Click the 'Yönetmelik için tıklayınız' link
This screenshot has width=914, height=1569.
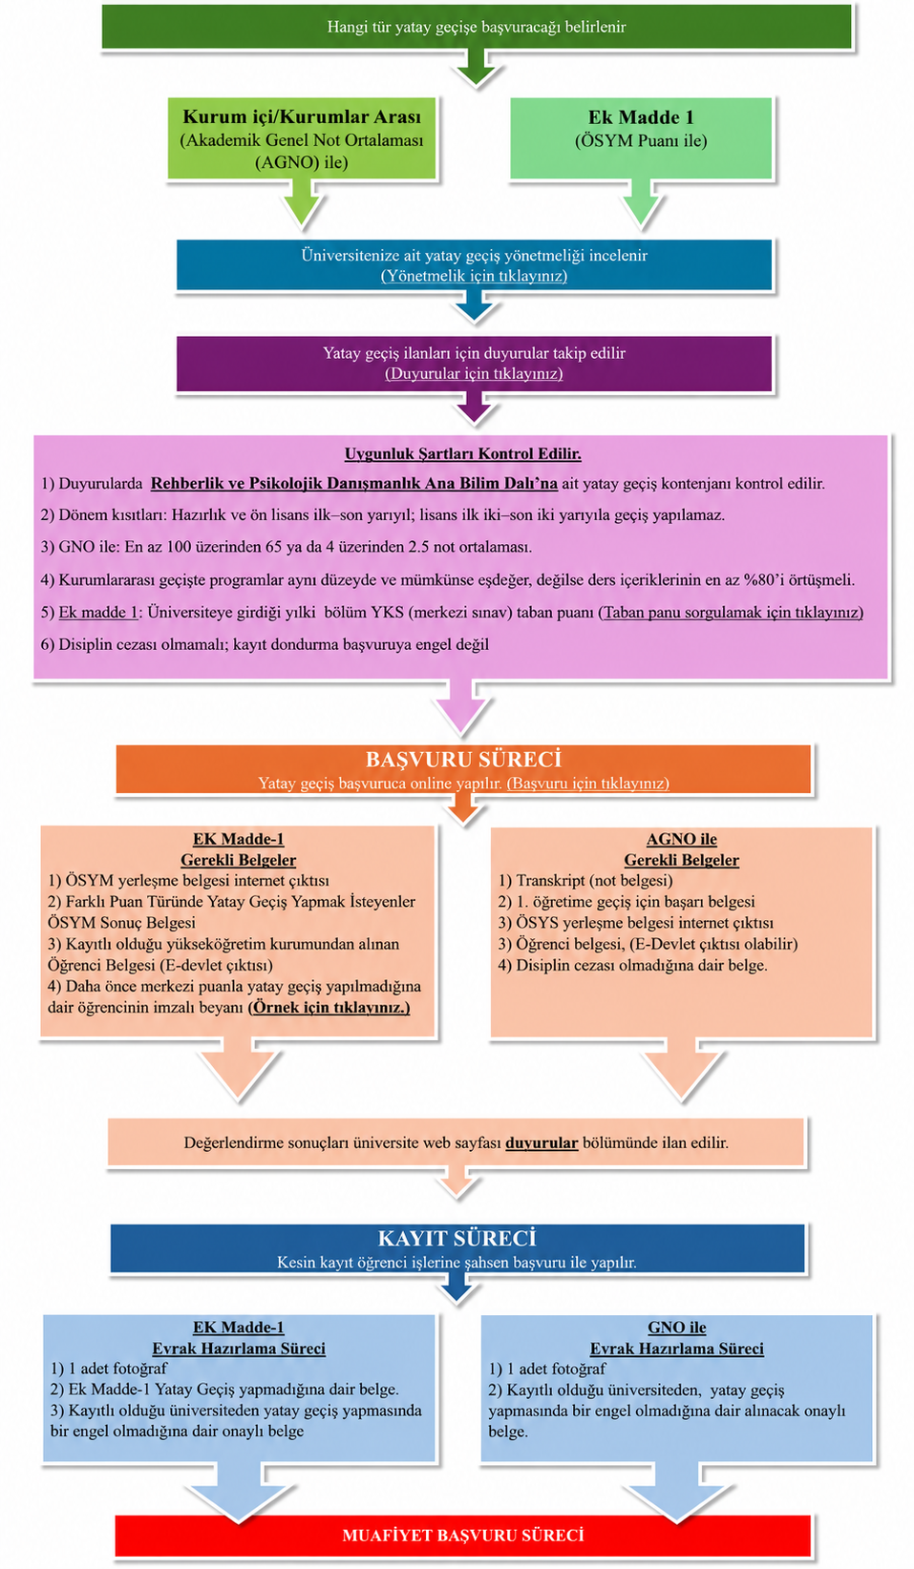[474, 276]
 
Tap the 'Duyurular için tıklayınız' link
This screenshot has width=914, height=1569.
[474, 373]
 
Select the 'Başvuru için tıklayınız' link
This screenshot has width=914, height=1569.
[587, 784]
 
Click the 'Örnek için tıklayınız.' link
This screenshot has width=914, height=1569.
[329, 1007]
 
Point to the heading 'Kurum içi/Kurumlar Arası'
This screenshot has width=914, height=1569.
[302, 117]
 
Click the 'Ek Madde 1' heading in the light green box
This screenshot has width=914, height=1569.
[641, 117]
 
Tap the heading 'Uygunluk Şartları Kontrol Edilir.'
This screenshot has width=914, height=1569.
[462, 454]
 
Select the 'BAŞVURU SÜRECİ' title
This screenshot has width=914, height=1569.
[463, 760]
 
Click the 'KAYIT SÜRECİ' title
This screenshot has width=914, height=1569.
[457, 1239]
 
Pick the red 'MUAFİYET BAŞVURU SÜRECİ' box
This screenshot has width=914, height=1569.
[462, 1536]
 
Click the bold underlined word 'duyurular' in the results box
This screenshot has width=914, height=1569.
[542, 1142]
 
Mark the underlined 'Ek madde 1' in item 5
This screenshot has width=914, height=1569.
[98, 612]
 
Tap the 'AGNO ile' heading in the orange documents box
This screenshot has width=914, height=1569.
[681, 839]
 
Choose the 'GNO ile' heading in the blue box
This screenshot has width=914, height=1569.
[676, 1328]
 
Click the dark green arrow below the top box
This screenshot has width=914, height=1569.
[476, 68]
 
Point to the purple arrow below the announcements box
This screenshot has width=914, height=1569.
[475, 407]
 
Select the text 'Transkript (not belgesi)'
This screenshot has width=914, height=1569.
[594, 881]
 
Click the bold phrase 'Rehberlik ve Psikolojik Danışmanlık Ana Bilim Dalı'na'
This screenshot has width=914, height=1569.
[354, 483]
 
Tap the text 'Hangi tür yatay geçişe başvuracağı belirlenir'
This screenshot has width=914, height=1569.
[477, 27]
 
